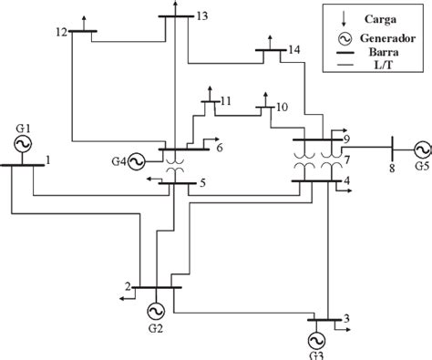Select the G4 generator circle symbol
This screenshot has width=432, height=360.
pyautogui.click(x=137, y=161)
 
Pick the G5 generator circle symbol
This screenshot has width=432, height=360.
pyautogui.click(x=420, y=149)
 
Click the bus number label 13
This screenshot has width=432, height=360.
pyautogui.click(x=201, y=16)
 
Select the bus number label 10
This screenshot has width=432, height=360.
pyautogui.click(x=282, y=107)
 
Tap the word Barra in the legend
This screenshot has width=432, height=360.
pyautogui.click(x=384, y=53)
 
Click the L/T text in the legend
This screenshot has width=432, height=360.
pyautogui.click(x=384, y=67)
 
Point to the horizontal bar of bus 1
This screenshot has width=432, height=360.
pyautogui.click(x=23, y=165)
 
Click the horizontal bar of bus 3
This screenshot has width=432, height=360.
pyautogui.click(x=327, y=320)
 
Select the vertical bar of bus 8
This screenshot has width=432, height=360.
pyautogui.click(x=392, y=148)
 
